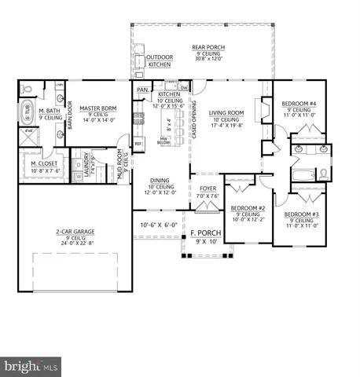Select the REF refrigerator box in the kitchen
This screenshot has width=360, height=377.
(x=138, y=145)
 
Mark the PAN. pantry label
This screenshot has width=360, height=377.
(x=142, y=90)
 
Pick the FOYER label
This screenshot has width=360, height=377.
(x=207, y=189)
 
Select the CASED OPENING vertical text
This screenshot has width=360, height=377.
(x=194, y=121)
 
